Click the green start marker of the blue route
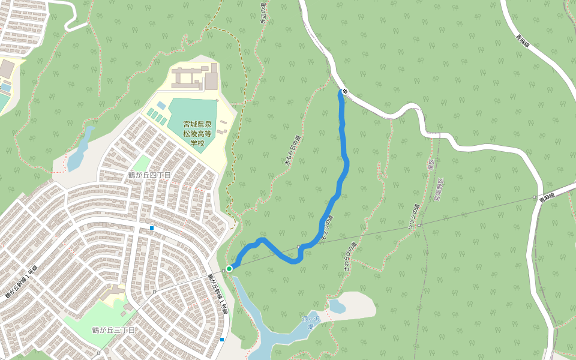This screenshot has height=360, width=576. click(229, 268)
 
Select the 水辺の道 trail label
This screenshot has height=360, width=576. click(263, 13)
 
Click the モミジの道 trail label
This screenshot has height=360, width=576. click(327, 226)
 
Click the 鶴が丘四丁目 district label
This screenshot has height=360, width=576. click(149, 175)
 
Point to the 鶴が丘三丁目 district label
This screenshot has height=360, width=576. click(113, 330)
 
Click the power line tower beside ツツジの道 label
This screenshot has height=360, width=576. click(419, 225)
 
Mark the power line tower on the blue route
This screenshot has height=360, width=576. click(299, 247)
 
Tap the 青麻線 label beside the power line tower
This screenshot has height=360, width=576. click(546, 198)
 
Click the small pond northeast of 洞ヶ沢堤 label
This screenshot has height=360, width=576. click(337, 307)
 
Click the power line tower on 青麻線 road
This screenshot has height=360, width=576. click(534, 197)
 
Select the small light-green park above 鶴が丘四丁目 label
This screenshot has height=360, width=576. click(141, 163)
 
